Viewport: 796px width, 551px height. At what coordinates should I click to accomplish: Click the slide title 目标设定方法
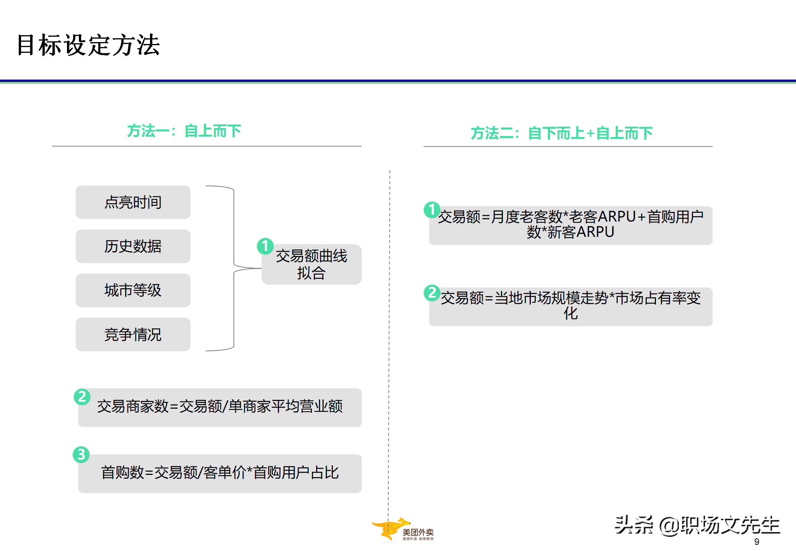(88, 45)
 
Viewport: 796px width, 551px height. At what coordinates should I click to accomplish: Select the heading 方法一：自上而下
(184, 131)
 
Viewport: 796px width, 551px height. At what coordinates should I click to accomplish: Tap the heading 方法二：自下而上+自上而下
(561, 133)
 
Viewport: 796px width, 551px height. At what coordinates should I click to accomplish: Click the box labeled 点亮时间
(133, 202)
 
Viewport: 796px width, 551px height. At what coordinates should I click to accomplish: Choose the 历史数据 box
(133, 246)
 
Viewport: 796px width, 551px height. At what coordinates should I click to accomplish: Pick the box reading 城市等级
(133, 290)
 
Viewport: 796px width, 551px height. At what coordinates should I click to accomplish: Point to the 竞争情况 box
(133, 334)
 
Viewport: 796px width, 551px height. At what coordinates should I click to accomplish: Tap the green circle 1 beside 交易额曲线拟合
(265, 246)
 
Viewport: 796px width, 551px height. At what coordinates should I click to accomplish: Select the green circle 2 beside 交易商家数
(82, 397)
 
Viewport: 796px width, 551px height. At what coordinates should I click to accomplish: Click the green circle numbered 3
(81, 455)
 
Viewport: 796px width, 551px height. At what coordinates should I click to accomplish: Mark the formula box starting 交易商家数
(220, 407)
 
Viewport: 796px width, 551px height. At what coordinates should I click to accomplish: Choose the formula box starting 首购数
(220, 473)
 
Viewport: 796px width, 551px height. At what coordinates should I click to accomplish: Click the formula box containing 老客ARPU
(571, 225)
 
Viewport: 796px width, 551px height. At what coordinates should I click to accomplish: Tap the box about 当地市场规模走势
(571, 306)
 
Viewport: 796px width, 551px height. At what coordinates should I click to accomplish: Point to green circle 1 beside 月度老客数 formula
(432, 210)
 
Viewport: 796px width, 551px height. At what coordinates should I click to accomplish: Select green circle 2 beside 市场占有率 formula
(432, 293)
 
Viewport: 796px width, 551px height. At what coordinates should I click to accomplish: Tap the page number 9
(757, 542)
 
